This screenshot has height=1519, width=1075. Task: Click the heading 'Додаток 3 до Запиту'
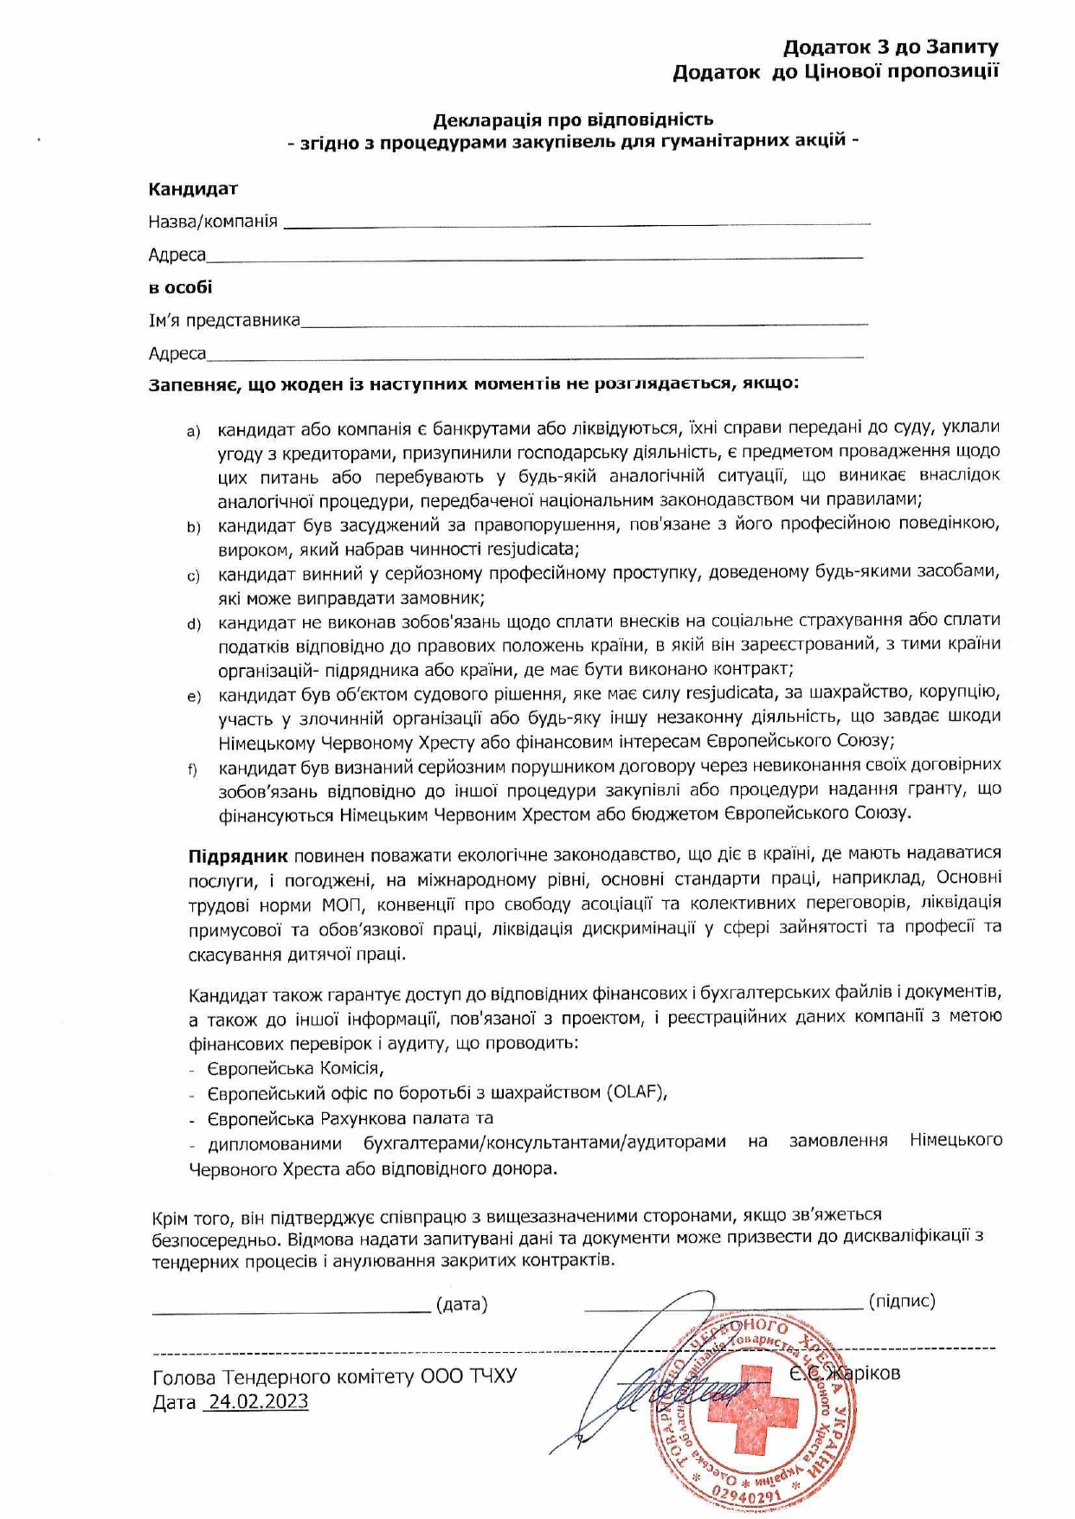tap(891, 47)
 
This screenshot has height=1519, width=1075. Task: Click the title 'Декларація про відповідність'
tap(573, 119)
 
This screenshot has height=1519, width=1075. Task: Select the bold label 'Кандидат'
tap(193, 189)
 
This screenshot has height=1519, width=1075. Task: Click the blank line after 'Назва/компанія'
tap(576, 225)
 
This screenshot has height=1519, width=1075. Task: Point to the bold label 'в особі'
tap(180, 287)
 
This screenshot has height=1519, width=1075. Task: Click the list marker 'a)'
tap(193, 431)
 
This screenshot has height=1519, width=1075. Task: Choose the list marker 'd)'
tap(193, 624)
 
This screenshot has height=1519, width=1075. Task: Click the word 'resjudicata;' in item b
tap(533, 549)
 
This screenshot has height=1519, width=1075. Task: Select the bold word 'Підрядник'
tap(238, 856)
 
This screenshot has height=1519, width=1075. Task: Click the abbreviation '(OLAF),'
tap(638, 1091)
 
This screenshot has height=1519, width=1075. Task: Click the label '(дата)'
tap(461, 1303)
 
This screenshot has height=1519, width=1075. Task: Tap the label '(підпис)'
tap(901, 1301)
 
